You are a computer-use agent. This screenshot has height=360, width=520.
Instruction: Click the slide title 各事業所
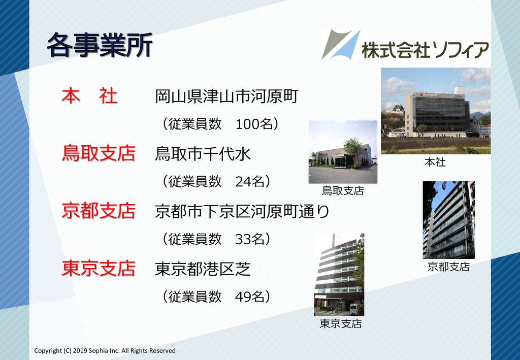(100, 45)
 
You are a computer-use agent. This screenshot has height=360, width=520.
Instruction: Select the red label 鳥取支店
(99, 153)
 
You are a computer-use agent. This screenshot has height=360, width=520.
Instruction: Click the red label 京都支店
(99, 211)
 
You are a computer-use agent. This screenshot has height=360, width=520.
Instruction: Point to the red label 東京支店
(99, 269)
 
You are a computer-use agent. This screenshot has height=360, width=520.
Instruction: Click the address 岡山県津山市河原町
(227, 96)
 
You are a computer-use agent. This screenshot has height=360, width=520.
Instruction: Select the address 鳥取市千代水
(203, 154)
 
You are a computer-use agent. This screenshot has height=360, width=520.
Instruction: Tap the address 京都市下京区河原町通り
(242, 211)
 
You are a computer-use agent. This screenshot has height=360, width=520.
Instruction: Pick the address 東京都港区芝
(203, 269)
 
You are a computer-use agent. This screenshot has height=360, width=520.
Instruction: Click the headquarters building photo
(436, 111)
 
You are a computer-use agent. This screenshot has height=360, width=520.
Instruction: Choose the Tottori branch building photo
(343, 152)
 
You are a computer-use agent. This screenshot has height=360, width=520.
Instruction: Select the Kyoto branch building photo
(449, 220)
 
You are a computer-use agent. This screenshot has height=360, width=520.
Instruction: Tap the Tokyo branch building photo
(339, 275)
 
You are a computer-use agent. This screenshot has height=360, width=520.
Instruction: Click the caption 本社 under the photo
(435, 162)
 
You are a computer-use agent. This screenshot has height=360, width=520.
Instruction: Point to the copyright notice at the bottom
(105, 351)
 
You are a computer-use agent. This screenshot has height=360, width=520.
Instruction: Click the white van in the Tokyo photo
(354, 310)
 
